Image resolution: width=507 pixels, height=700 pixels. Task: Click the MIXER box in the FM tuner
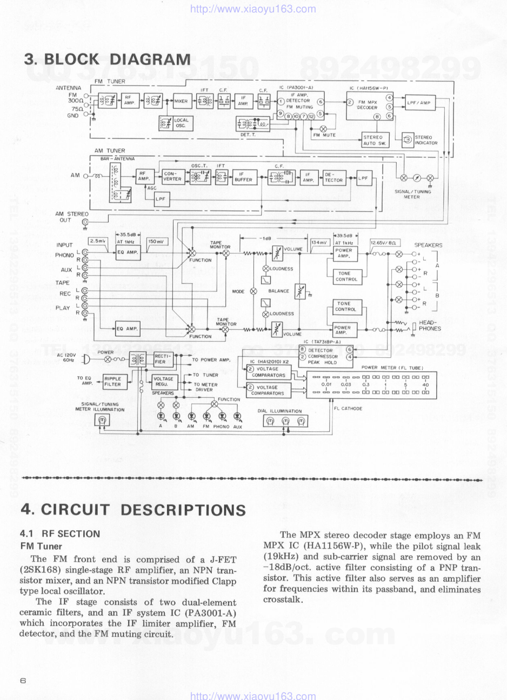181,101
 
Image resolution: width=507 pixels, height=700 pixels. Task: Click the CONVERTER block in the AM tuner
172,176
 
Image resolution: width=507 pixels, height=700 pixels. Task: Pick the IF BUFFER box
243,177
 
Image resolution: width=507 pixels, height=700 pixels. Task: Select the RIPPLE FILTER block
113,382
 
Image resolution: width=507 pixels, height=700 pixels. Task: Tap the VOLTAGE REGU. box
163,382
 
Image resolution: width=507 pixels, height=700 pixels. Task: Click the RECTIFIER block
163,359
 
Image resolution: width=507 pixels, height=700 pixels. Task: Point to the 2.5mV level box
98,241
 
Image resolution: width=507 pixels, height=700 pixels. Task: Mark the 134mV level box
319,243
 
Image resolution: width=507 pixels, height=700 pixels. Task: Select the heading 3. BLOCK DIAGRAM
107,59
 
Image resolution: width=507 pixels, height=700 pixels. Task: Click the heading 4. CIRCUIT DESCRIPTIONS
132,510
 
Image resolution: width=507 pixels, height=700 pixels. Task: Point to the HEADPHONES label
430,325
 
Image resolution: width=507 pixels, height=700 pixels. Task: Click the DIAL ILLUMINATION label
279,411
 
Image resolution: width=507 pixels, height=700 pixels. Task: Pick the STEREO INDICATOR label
426,140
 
